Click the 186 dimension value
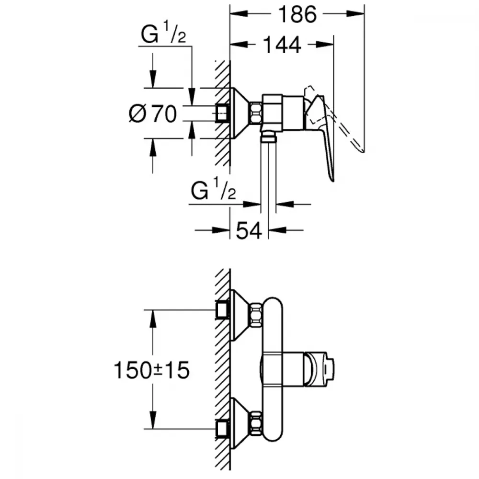[297, 14]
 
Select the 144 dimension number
[282, 45]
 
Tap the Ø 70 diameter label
[153, 114]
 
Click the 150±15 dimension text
[151, 370]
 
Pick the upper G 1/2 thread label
[163, 33]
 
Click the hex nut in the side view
[255, 114]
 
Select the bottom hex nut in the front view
[256, 423]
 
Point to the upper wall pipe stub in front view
[222, 310]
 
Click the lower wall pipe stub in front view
[222, 429]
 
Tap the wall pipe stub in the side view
[222, 114]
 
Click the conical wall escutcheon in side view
[240, 114]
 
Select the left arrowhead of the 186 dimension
[239, 13]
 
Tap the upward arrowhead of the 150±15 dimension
[152, 319]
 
